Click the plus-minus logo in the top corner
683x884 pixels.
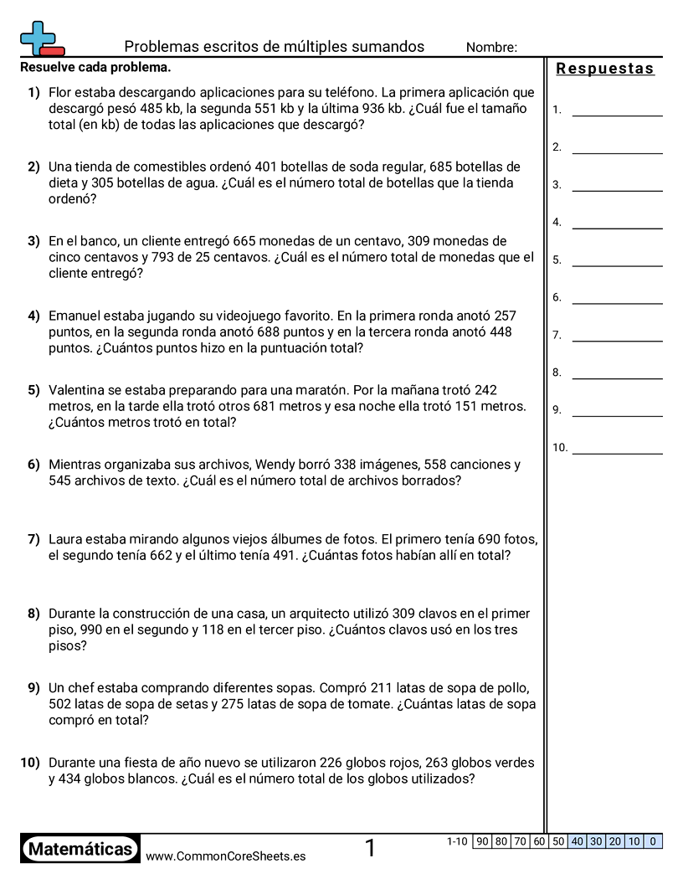[x=41, y=39]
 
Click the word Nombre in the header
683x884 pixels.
[x=491, y=48]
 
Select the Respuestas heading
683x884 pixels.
[x=604, y=69]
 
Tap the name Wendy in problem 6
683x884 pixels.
[x=274, y=465]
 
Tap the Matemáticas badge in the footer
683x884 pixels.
[x=80, y=849]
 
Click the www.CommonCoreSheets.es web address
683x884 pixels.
[x=225, y=856]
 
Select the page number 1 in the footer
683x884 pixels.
[x=370, y=849]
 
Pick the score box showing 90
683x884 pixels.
[x=481, y=841]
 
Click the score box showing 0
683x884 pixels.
[x=653, y=841]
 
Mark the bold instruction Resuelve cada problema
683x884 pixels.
[x=95, y=67]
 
